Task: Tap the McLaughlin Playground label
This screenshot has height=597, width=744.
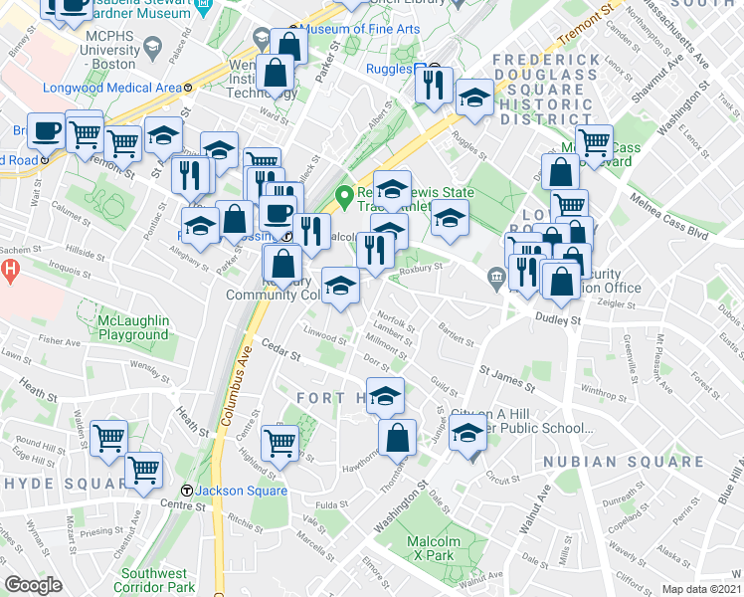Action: tap(133, 327)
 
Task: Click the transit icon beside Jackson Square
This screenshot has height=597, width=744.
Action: tap(186, 491)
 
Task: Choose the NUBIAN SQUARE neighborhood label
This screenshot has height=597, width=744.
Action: tap(597, 462)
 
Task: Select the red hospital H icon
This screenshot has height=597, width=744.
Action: tap(10, 269)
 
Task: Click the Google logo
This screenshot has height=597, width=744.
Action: tap(34, 584)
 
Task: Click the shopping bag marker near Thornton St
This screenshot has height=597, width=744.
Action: tap(398, 436)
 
